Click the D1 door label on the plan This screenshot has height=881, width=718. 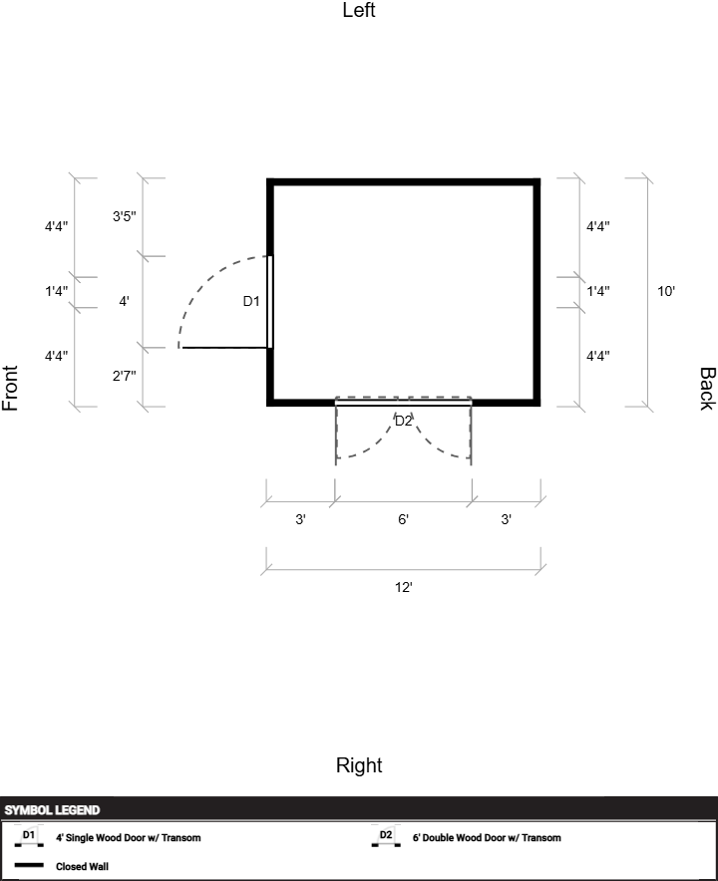point(250,301)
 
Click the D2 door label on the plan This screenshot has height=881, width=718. point(403,421)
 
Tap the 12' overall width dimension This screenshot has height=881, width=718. point(403,587)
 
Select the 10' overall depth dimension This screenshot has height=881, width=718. point(666,291)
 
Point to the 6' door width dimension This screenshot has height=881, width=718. point(403,519)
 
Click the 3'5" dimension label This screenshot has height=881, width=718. point(125,216)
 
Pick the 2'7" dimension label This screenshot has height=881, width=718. point(125,376)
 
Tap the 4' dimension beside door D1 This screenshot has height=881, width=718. point(124,301)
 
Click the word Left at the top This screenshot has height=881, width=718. point(359,10)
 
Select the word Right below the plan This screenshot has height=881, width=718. point(359,765)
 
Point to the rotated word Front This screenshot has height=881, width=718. point(10,388)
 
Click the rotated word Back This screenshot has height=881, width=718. point(707,389)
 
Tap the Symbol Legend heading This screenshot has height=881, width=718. point(52,810)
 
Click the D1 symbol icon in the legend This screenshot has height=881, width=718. point(29,836)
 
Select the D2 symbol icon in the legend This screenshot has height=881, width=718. point(386,836)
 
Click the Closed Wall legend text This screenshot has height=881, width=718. point(82,866)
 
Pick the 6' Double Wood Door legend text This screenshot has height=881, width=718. point(487,838)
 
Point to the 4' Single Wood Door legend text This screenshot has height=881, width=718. point(129,838)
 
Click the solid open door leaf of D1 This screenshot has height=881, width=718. point(224,348)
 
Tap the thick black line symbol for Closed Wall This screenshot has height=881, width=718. point(29,865)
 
